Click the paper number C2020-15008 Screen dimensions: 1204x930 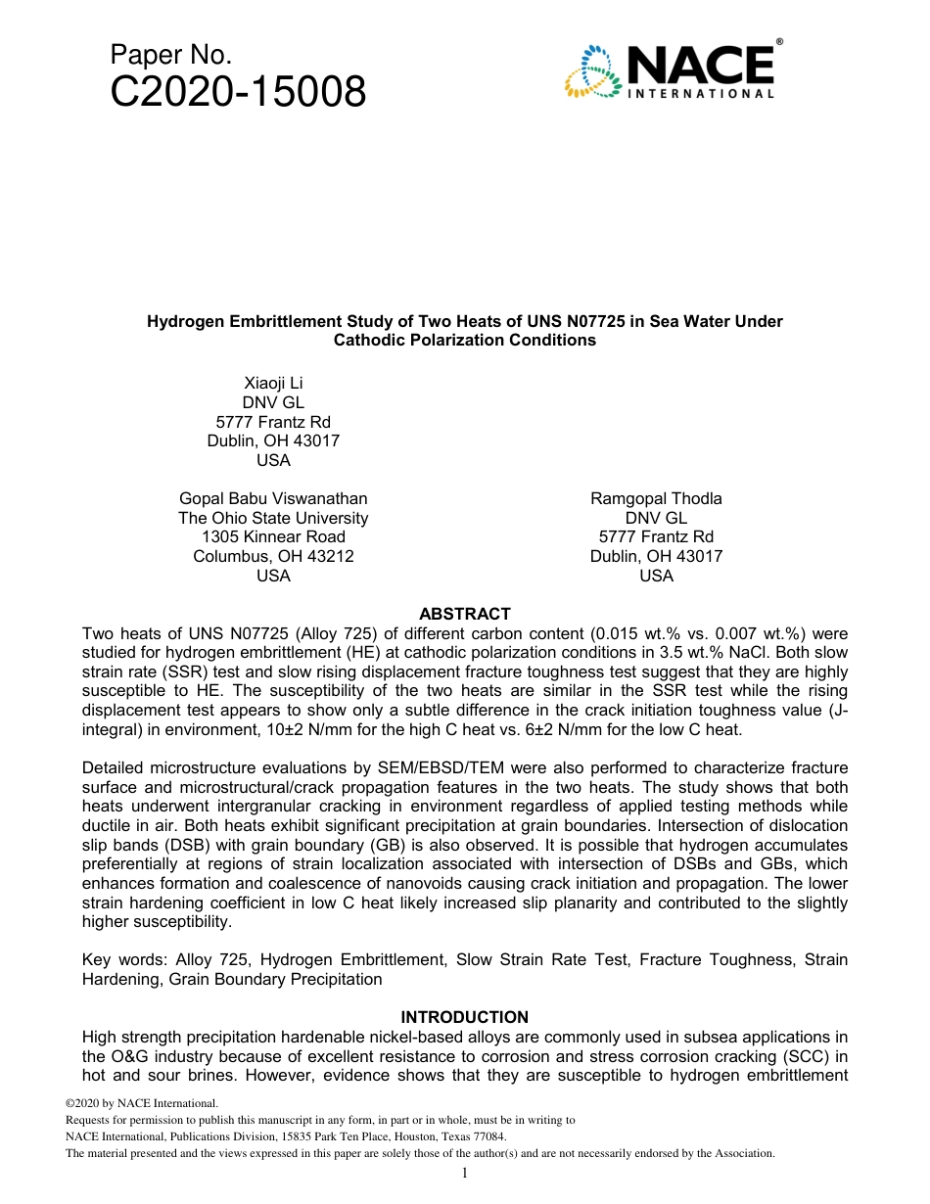(238, 92)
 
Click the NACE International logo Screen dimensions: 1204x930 (672, 69)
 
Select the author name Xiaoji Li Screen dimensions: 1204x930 (273, 383)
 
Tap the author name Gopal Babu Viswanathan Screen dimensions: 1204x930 (273, 498)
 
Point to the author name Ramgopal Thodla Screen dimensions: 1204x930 (656, 498)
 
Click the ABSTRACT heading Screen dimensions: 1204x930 (464, 614)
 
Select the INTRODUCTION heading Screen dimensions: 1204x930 (464, 1017)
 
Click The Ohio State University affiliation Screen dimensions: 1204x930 (273, 518)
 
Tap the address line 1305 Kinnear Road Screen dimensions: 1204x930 (273, 536)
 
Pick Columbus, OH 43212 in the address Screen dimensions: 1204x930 (273, 556)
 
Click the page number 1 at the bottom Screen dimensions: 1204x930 (465, 1173)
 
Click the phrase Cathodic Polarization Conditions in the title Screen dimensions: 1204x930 (465, 341)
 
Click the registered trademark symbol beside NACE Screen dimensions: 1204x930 (779, 42)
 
